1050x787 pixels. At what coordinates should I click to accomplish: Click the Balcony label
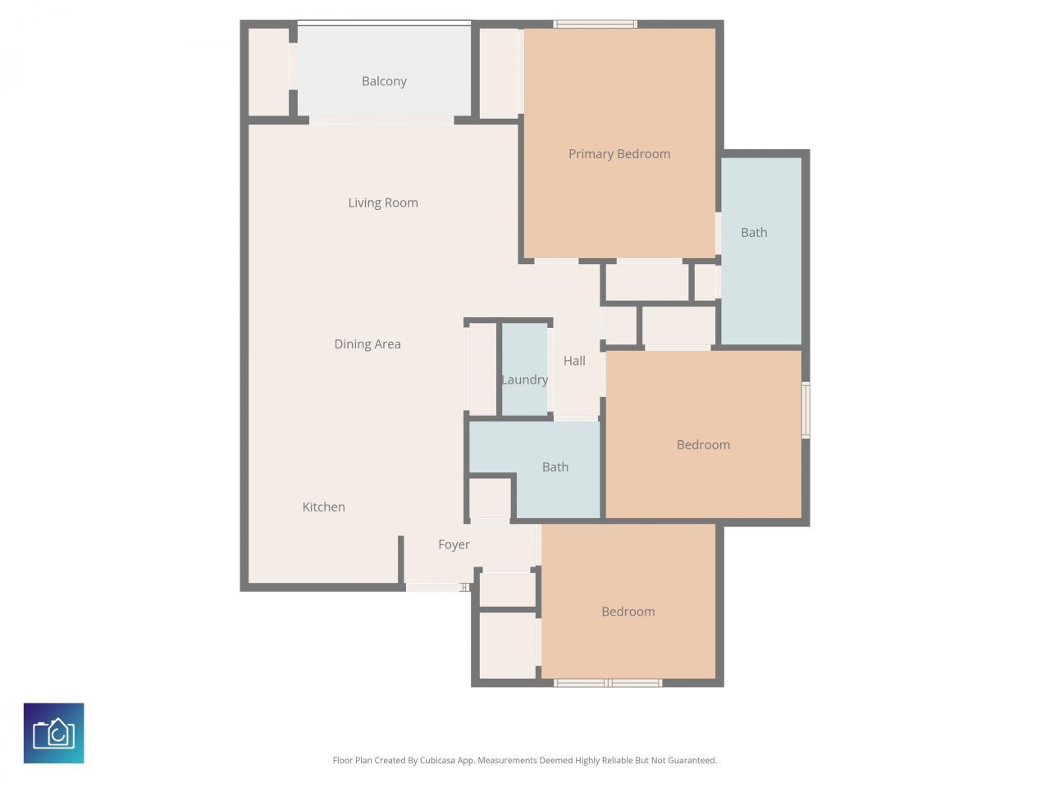tap(384, 81)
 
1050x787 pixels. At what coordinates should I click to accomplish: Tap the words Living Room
tap(383, 202)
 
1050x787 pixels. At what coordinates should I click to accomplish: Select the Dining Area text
tap(367, 344)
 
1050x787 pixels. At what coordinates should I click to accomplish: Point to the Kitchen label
tap(323, 507)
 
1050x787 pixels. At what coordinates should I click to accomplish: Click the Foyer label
tap(454, 544)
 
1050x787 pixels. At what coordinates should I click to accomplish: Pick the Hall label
tap(574, 361)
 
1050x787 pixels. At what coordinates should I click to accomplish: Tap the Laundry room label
tap(524, 380)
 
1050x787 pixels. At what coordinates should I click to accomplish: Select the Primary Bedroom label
tap(619, 154)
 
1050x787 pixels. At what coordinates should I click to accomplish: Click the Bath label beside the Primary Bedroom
tap(754, 233)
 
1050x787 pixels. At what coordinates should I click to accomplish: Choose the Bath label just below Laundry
tap(555, 467)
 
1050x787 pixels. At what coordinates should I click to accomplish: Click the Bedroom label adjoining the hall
tap(703, 445)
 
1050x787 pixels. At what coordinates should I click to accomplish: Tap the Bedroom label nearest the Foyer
tap(628, 612)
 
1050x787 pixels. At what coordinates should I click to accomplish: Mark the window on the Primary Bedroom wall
tap(596, 24)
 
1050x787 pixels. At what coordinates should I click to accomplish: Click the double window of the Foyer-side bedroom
tap(608, 683)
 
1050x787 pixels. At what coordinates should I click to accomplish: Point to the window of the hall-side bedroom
tap(806, 410)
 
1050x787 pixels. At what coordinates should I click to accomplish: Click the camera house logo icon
tap(54, 733)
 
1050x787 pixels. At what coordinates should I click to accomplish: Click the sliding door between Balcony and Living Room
tap(381, 121)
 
